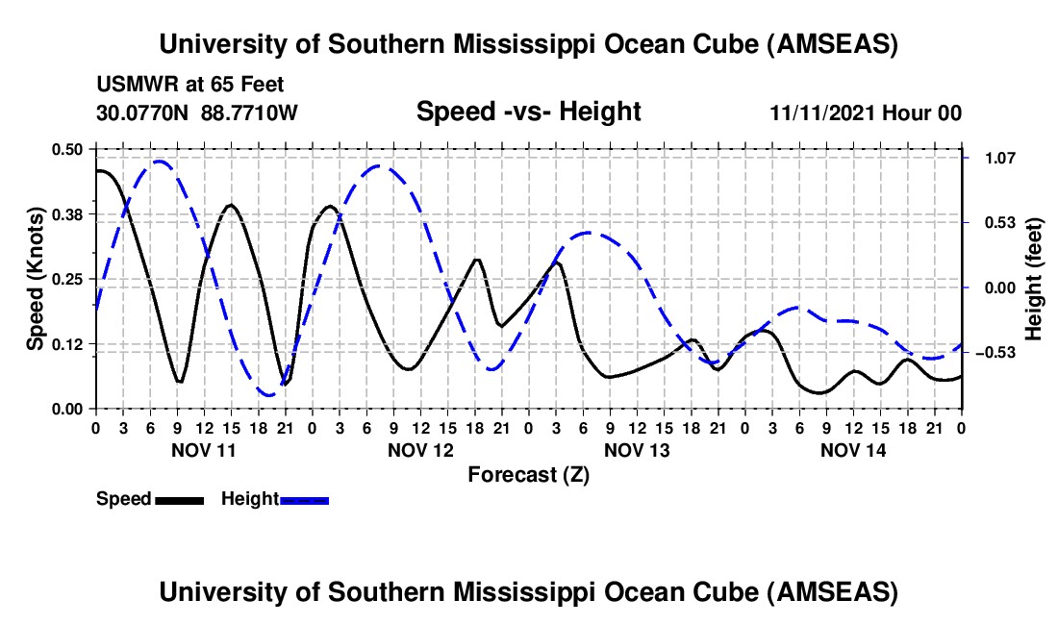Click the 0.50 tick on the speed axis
[x=66, y=149]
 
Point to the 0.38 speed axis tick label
[x=66, y=213]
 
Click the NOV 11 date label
[x=203, y=450]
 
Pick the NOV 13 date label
[x=637, y=450]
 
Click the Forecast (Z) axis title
[x=528, y=474]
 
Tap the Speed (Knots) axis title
[x=35, y=279]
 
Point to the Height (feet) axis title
[x=1034, y=279]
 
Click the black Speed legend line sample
[x=179, y=500]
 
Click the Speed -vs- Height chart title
[x=528, y=112]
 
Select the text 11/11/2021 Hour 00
[x=866, y=112]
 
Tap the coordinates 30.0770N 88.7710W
[x=197, y=112]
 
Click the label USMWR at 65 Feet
[x=189, y=85]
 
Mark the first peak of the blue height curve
[x=159, y=162]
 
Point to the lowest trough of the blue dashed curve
[x=268, y=394]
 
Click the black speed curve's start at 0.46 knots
[x=97, y=171]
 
